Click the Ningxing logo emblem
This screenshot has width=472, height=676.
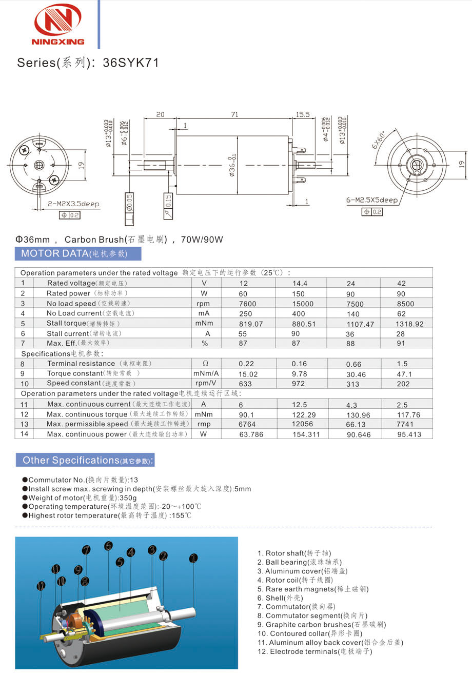58,20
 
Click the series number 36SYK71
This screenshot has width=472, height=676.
131,63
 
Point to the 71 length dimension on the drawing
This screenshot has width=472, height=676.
234,115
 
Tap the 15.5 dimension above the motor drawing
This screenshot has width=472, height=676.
303,115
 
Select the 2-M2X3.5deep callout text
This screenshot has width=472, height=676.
73,204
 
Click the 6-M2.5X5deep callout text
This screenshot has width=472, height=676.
371,200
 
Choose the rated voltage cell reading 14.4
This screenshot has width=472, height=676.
300,283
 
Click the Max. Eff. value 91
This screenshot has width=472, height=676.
401,343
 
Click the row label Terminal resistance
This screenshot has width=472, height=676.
81,364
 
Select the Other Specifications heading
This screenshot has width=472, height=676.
85,461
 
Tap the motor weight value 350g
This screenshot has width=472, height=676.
128,498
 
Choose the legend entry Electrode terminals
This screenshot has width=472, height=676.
314,651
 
